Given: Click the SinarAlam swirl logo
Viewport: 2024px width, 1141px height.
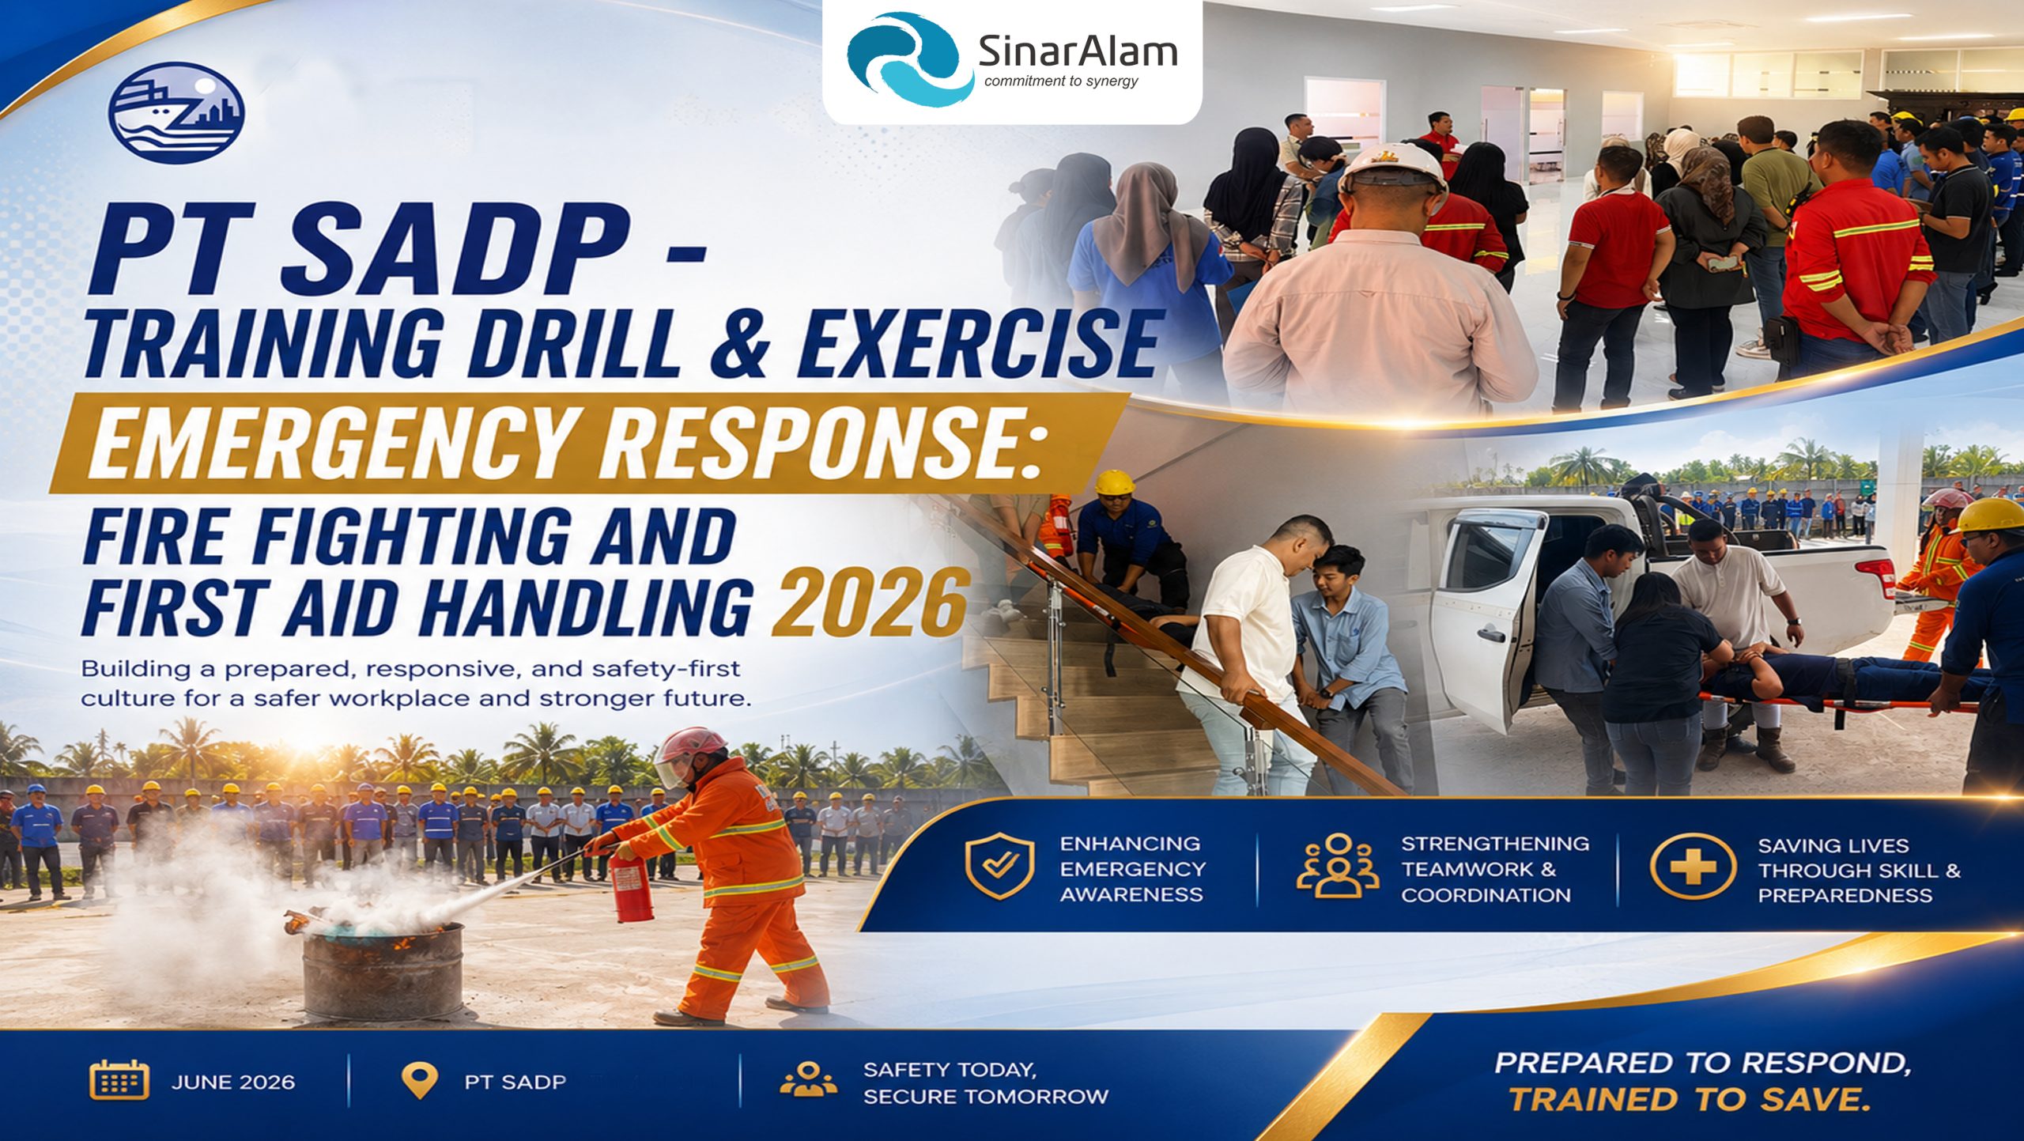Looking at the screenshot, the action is coord(909,60).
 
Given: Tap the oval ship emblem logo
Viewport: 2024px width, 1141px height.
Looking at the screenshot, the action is coord(176,112).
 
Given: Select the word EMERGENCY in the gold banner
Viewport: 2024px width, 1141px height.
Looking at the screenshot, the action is coord(332,447).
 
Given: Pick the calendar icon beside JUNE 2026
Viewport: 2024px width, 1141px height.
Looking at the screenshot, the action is coord(119,1080).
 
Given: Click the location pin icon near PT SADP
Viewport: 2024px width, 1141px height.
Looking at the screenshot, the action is coord(420,1080).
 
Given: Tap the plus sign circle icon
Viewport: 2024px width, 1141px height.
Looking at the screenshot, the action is coord(1693,867).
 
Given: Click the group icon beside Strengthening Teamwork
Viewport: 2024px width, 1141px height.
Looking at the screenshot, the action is coord(1338,866).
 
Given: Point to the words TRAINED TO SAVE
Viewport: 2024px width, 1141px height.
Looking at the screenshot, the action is coord(1690,1100).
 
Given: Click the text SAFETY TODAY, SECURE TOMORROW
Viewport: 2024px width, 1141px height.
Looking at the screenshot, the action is coord(985,1083).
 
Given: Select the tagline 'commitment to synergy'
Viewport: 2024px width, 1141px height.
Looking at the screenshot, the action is coord(1061,81).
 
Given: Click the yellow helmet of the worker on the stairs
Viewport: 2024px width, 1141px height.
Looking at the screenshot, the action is coord(1115,482).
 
